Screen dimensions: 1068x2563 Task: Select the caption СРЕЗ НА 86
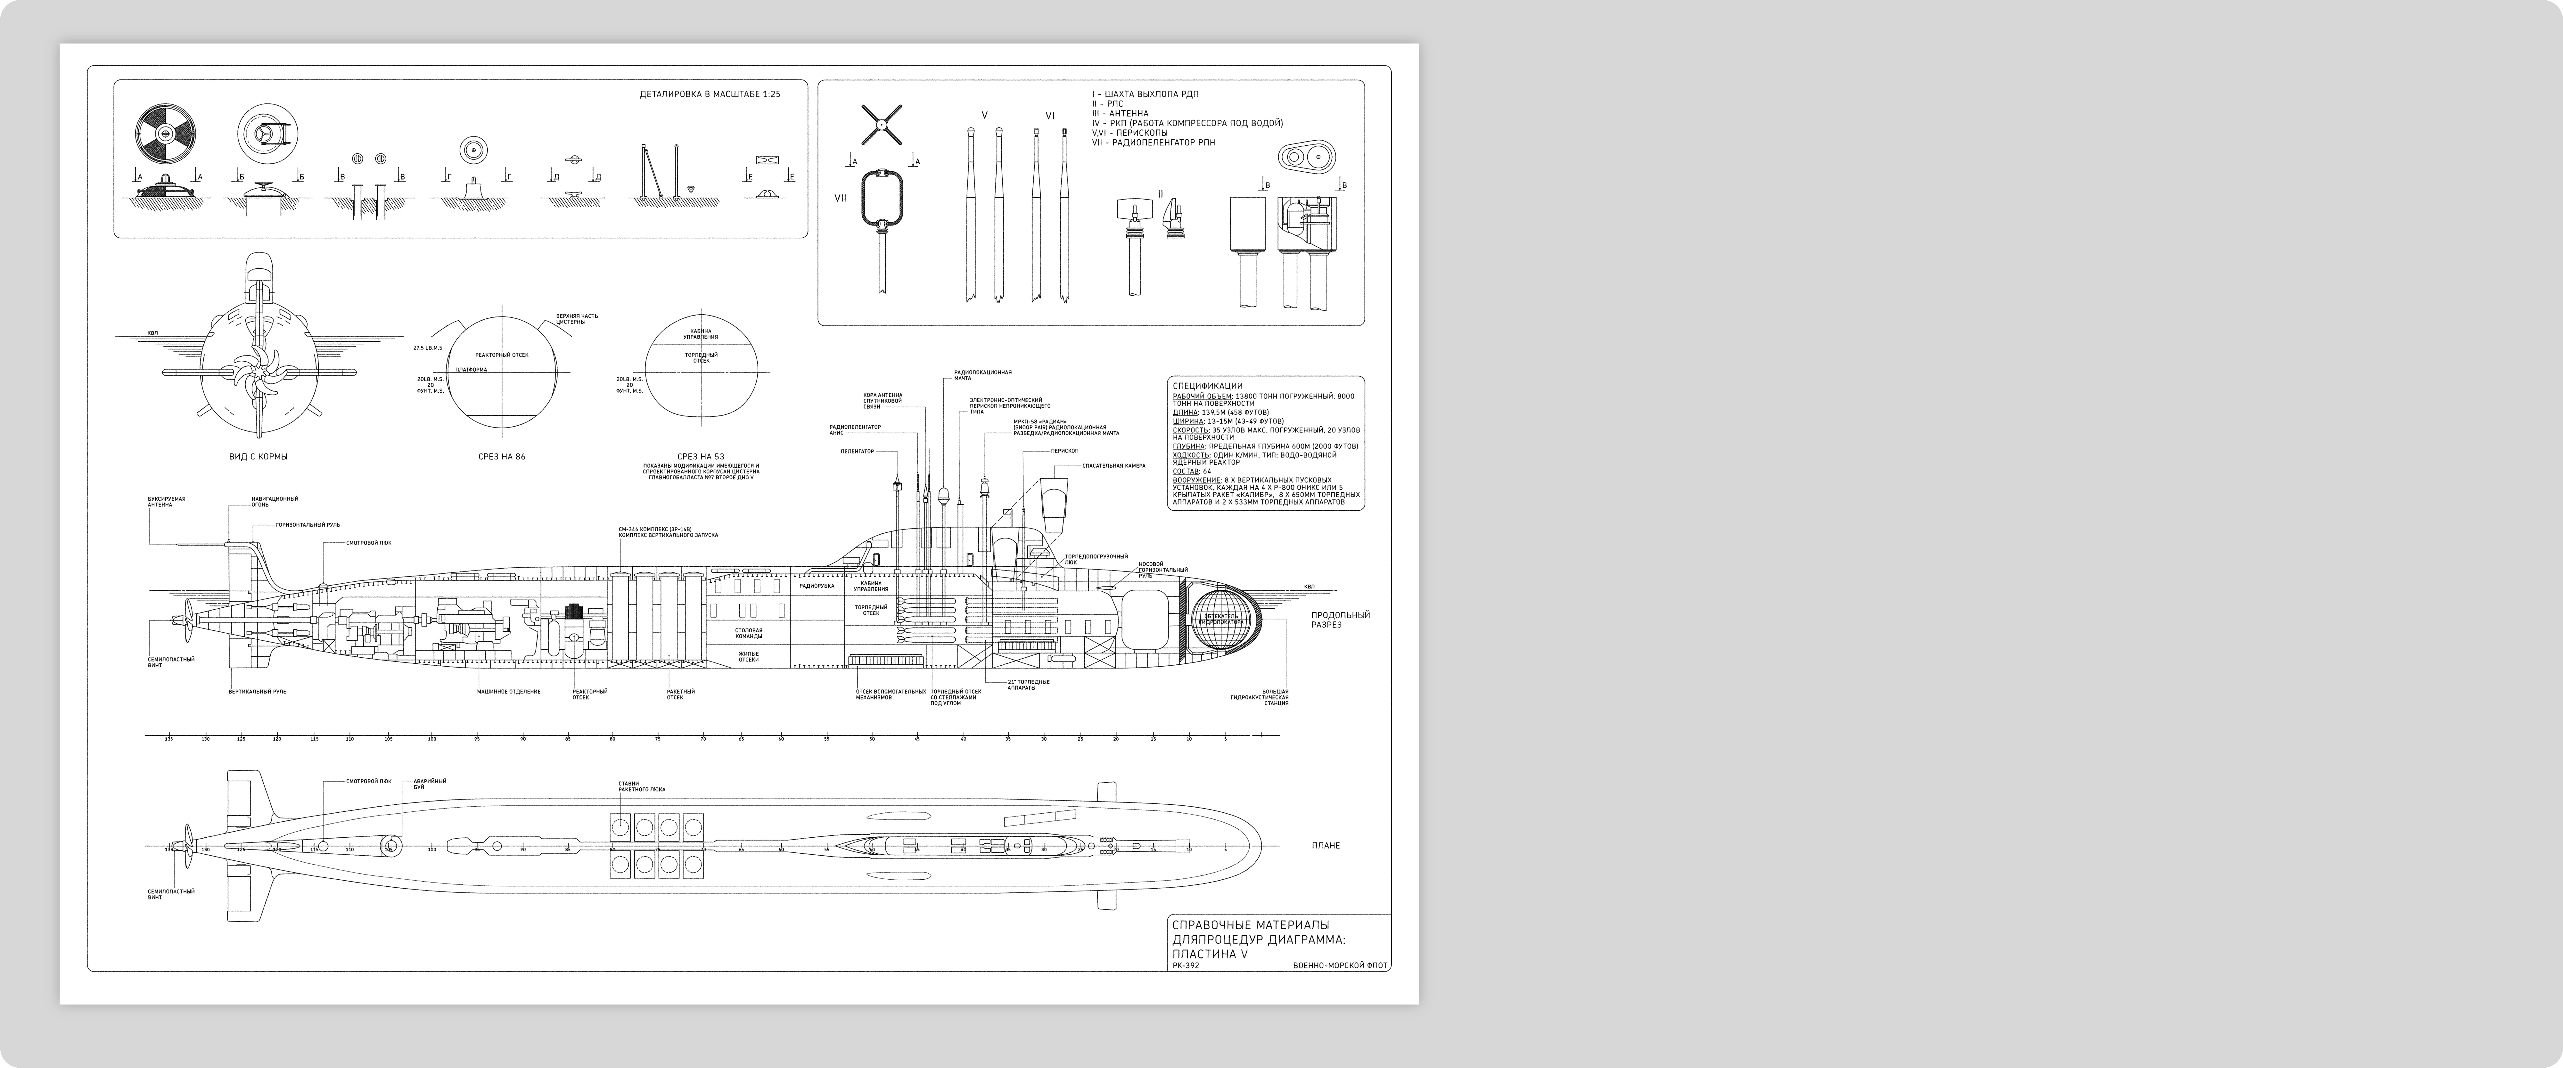point(501,457)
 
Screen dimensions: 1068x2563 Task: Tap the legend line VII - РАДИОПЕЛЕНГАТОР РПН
point(1153,142)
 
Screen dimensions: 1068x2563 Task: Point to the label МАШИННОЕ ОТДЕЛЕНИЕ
point(508,691)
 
